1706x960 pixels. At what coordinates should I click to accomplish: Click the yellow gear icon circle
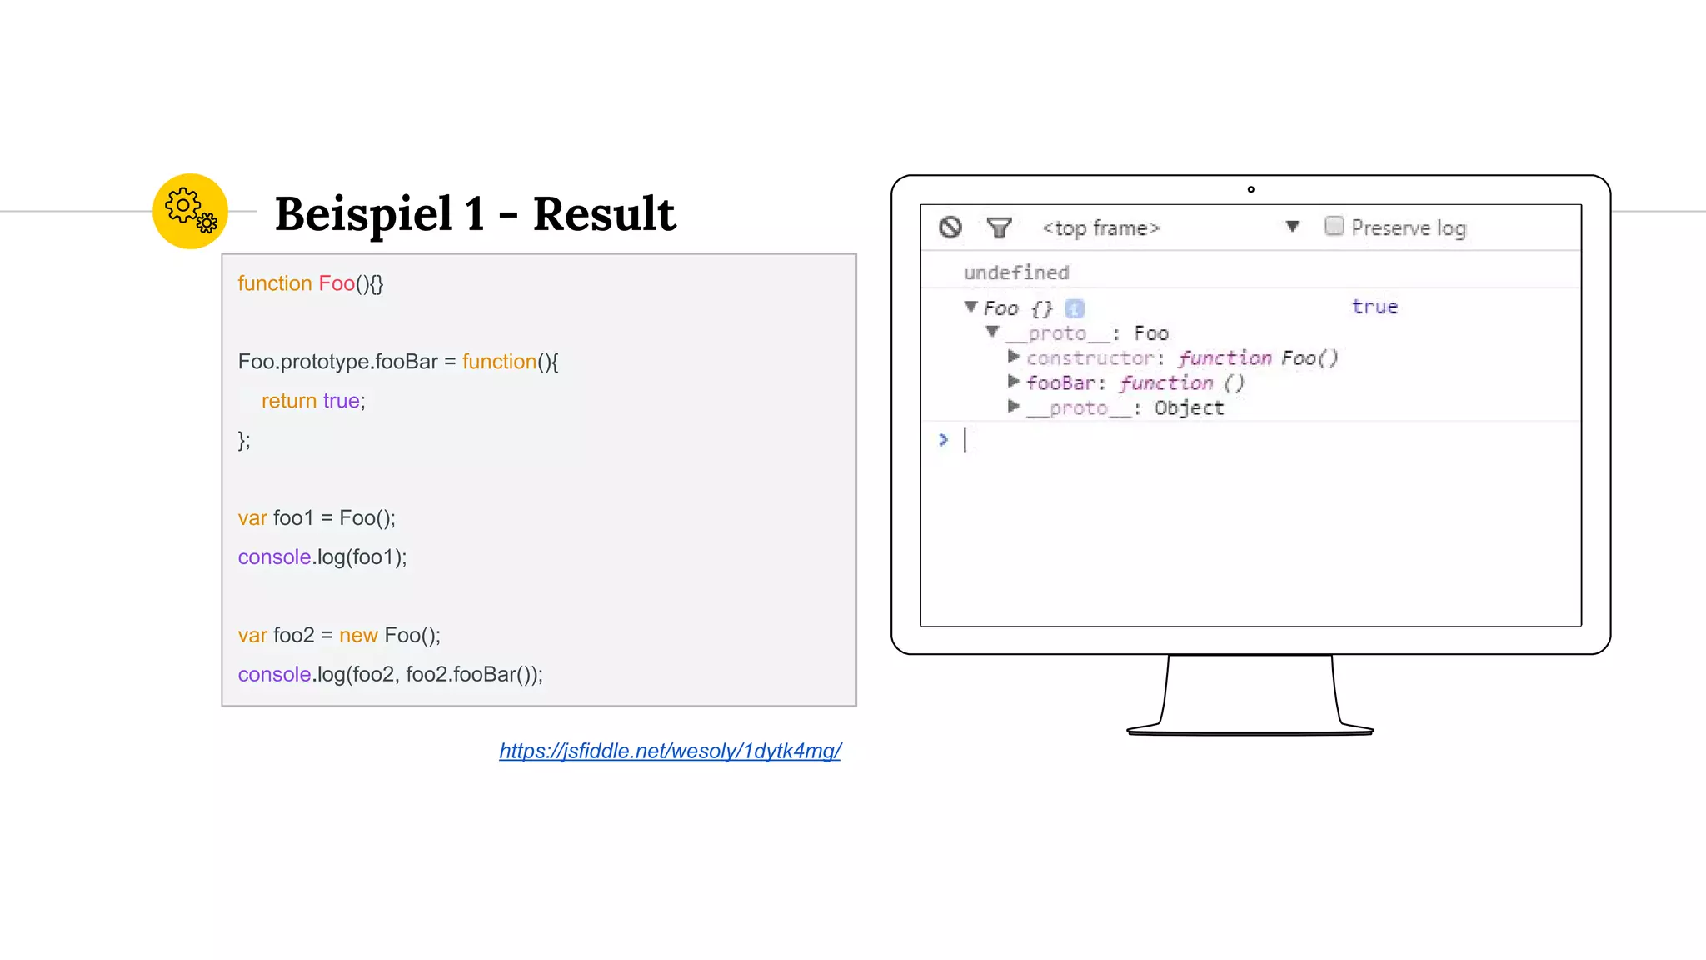click(x=190, y=211)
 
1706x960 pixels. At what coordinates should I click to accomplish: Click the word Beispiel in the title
click(x=363, y=214)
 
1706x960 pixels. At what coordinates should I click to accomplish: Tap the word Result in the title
click(x=604, y=214)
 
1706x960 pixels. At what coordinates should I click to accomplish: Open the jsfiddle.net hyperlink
click(x=670, y=751)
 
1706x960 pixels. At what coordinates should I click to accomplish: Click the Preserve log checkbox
click(x=1334, y=226)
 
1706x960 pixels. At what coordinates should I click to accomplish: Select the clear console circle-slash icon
click(x=950, y=227)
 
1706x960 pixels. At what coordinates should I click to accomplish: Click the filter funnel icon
click(x=999, y=227)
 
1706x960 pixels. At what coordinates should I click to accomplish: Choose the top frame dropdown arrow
click(x=1292, y=227)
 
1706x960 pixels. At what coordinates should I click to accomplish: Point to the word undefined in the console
click(x=1016, y=272)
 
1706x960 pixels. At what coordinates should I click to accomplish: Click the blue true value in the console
click(x=1374, y=307)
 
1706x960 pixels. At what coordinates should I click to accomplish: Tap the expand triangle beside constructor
click(x=1013, y=357)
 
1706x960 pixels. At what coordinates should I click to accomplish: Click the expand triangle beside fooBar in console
click(x=1013, y=382)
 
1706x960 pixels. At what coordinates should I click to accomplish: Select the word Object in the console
click(x=1189, y=407)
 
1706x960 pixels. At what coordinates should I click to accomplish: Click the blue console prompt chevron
click(x=943, y=439)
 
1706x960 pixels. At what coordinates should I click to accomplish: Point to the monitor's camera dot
click(x=1250, y=190)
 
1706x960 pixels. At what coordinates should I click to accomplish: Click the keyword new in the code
click(x=358, y=636)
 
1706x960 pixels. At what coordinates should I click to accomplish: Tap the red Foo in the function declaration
click(x=337, y=283)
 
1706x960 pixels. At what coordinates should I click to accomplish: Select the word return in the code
click(x=289, y=401)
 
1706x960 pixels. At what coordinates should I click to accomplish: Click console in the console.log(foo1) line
click(x=274, y=557)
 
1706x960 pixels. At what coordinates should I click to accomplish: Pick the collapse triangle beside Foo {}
click(x=970, y=307)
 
